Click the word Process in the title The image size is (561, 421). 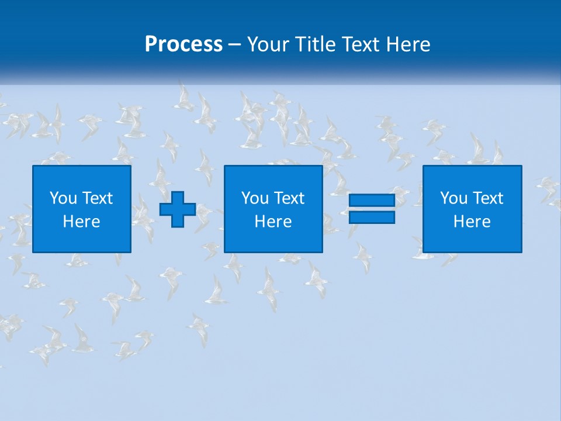pos(183,44)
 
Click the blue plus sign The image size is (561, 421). pos(178,209)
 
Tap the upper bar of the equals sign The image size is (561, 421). pos(372,201)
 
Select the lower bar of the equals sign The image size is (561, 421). pos(372,217)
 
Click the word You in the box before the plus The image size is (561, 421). pos(63,198)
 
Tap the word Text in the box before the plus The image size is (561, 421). pos(97,198)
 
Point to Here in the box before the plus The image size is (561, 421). pos(82,222)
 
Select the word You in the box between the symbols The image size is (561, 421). pos(255,198)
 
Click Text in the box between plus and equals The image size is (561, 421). pos(289,198)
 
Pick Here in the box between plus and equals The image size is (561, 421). pos(273,222)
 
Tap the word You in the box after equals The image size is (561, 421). pos(453,198)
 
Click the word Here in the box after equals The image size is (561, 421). pos(472,222)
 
